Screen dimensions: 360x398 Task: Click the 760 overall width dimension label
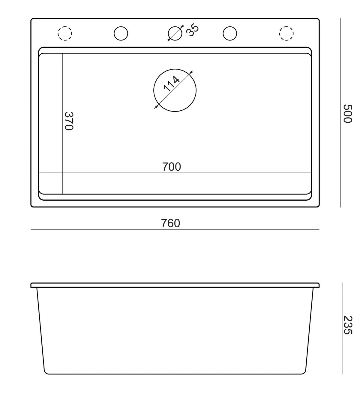(170, 223)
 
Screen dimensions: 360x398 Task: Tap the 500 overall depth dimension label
(347, 113)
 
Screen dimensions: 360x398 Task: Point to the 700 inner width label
(172, 167)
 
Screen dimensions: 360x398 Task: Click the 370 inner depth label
(69, 121)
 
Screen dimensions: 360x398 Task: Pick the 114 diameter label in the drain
(172, 83)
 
